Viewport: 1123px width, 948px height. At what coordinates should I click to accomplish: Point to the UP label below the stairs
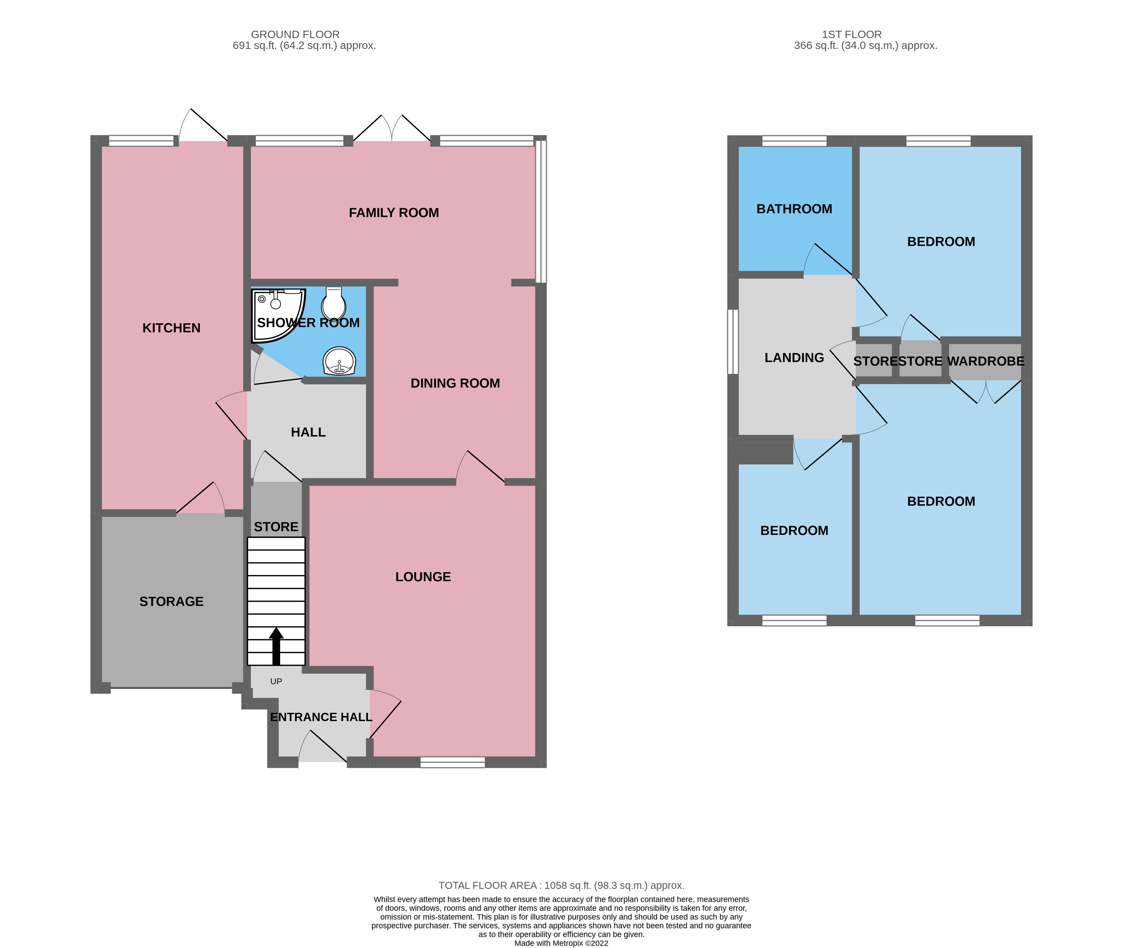(276, 681)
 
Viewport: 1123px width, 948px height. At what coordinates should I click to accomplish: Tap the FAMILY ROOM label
(394, 213)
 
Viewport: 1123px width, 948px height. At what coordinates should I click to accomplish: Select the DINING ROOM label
(455, 383)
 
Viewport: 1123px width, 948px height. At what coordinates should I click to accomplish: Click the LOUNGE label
(423, 577)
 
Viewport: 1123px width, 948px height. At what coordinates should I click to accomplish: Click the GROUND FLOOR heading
(295, 34)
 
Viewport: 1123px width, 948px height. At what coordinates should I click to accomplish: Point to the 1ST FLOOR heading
(851, 34)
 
